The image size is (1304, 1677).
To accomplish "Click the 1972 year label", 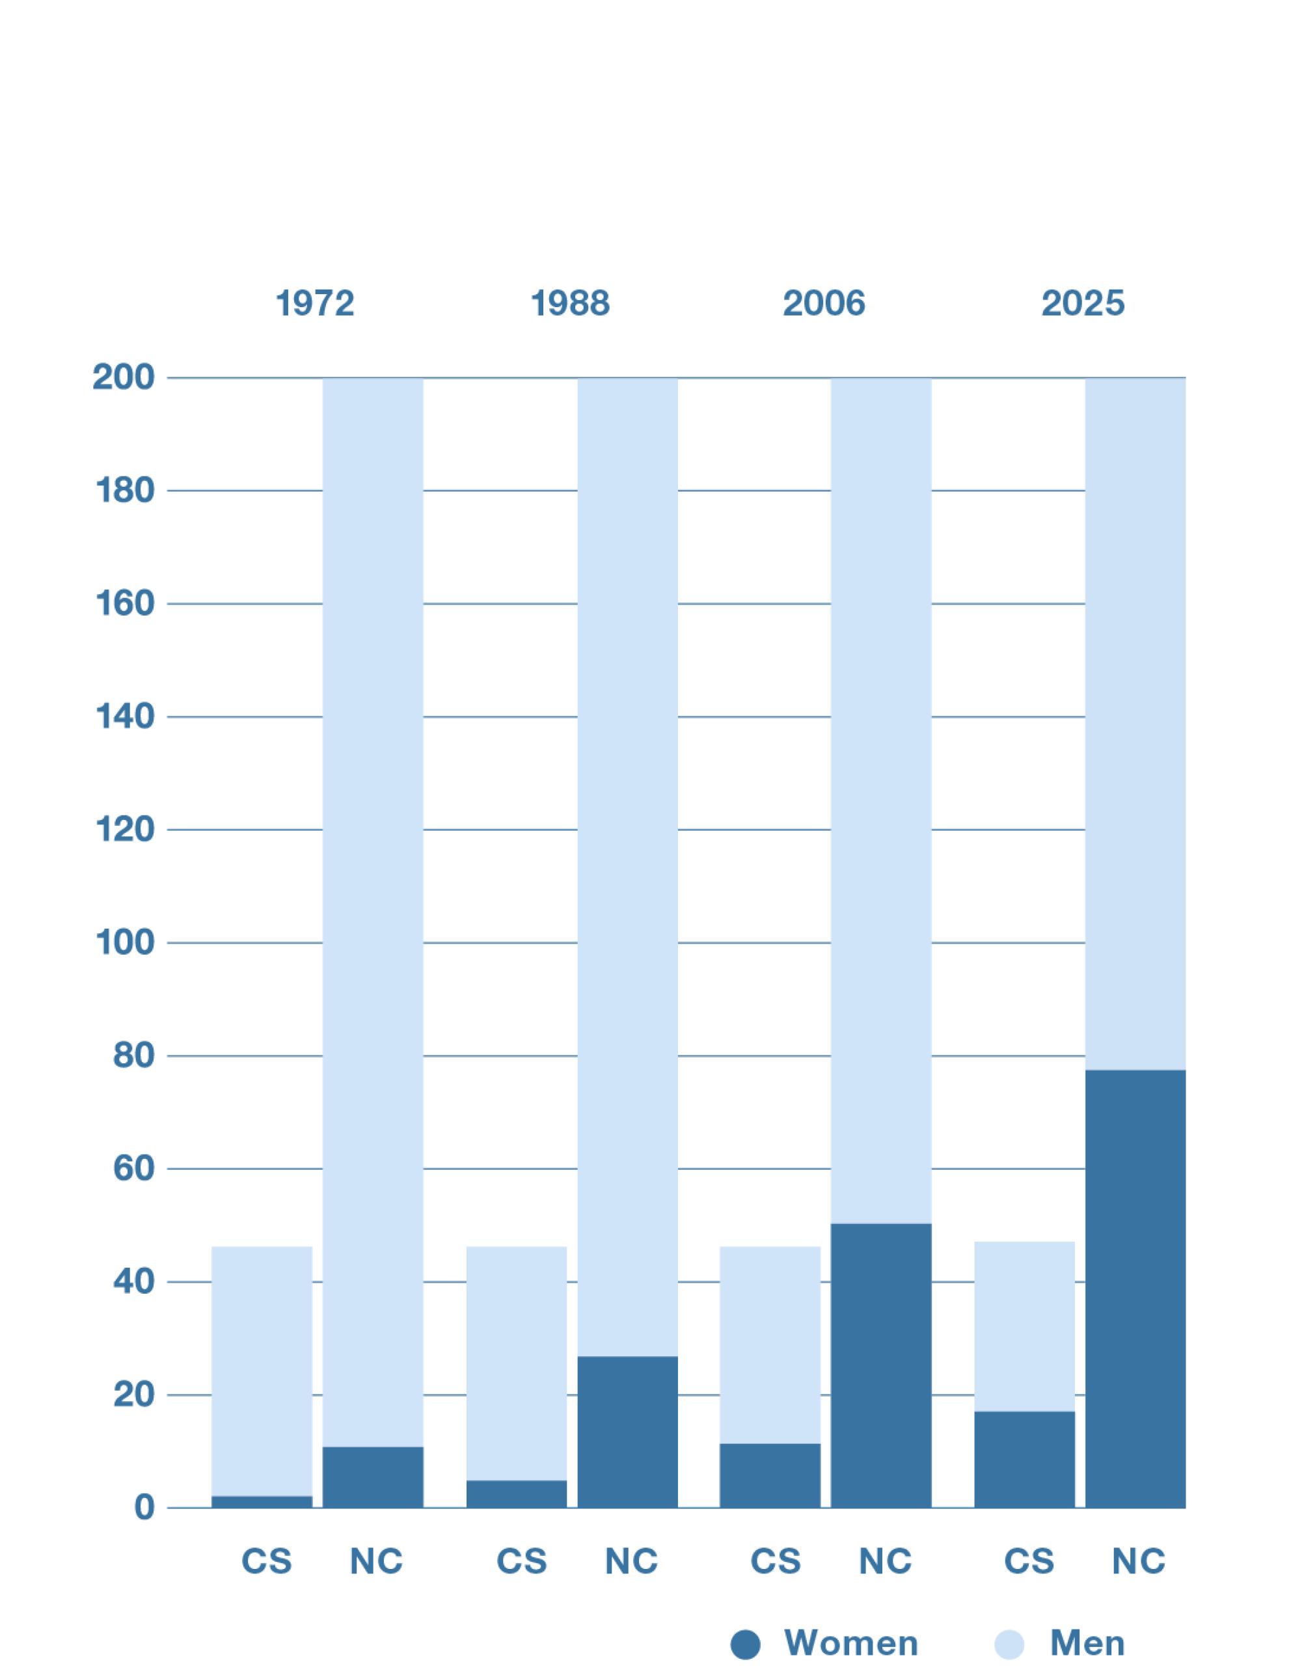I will tap(315, 303).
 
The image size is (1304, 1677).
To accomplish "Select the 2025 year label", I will tap(1083, 303).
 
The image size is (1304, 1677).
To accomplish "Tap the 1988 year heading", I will tap(570, 303).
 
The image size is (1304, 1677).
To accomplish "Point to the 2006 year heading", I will tap(824, 303).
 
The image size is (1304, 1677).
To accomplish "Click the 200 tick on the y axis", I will tap(124, 378).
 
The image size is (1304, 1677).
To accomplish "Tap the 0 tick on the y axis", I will tap(144, 1508).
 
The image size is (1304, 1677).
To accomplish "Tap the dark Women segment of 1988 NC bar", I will tap(627, 1432).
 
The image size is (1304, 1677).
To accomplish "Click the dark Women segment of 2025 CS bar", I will tap(1024, 1459).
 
